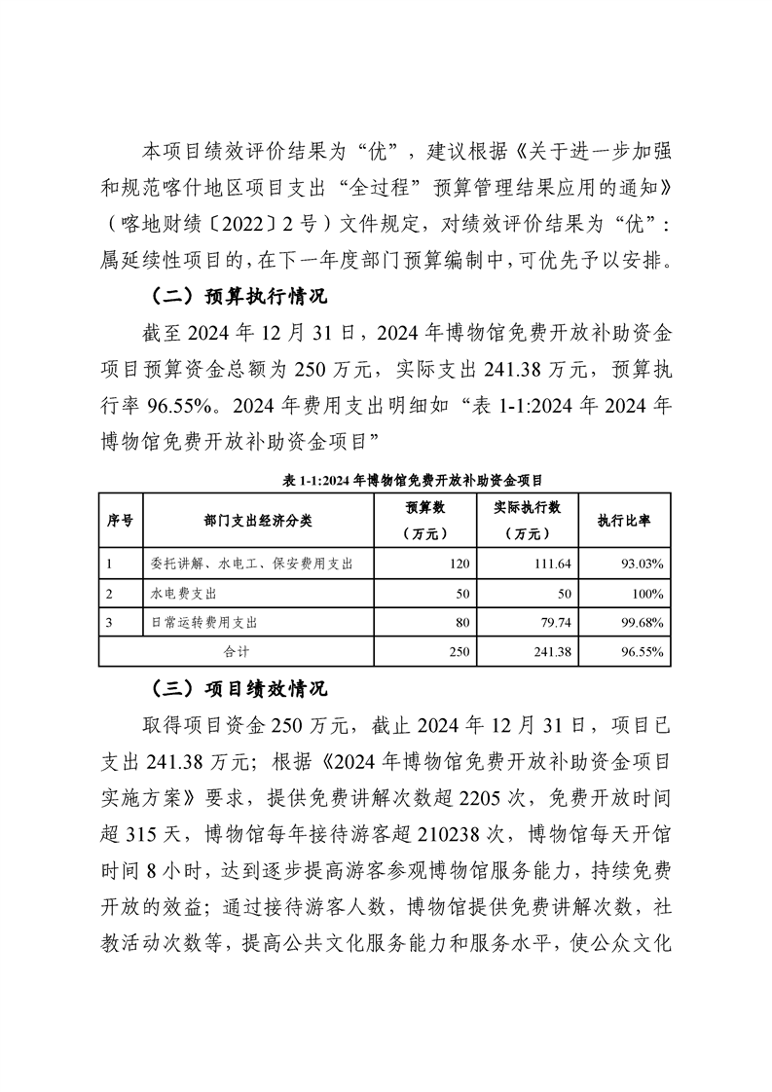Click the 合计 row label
[238, 651]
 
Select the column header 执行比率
[624, 521]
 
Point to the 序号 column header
[120, 521]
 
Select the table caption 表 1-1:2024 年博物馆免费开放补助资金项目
[386, 480]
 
